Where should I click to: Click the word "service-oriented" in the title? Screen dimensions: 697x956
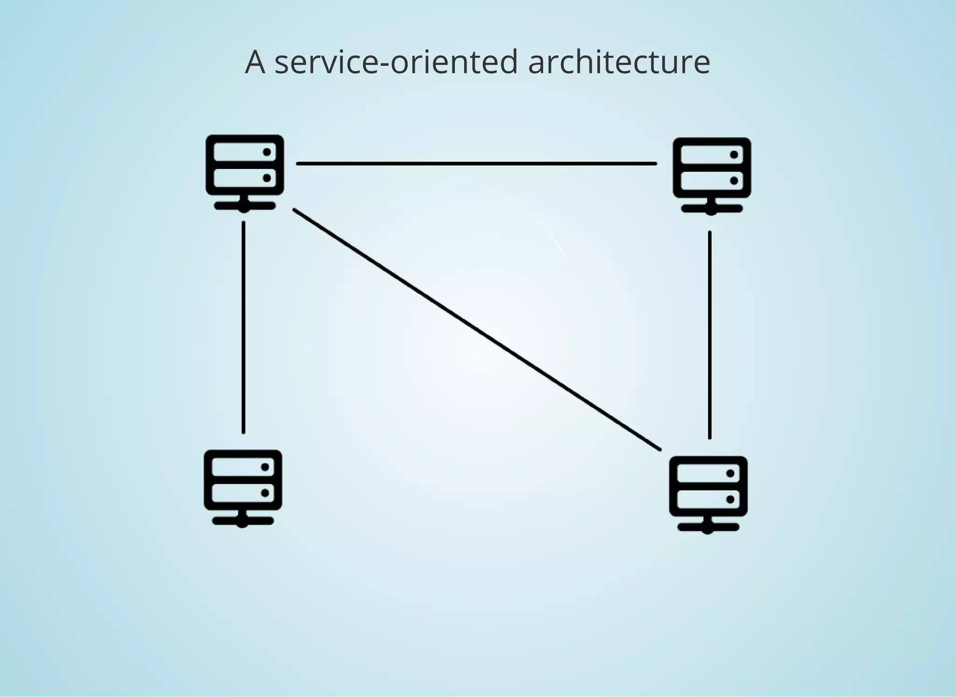pos(396,62)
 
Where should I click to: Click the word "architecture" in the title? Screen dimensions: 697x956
pos(619,62)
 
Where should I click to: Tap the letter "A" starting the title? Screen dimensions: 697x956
pos(255,62)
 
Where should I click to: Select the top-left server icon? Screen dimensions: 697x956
pos(245,173)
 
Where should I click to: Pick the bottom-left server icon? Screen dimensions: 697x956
pos(243,488)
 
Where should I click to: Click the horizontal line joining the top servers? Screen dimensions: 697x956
pos(476,164)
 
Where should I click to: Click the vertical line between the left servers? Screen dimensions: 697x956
pos(243,327)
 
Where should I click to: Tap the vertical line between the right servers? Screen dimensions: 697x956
pos(710,335)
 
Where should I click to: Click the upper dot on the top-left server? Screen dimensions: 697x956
pos(267,152)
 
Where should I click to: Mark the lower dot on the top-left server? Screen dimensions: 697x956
pos(267,178)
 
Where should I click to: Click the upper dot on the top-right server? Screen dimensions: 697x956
pos(734,155)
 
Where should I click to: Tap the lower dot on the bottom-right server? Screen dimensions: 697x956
pos(731,500)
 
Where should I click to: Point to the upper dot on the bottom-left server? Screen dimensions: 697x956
pos(265,467)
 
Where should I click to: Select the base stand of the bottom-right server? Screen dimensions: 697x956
pos(708,527)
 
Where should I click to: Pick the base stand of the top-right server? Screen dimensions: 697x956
pos(711,209)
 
